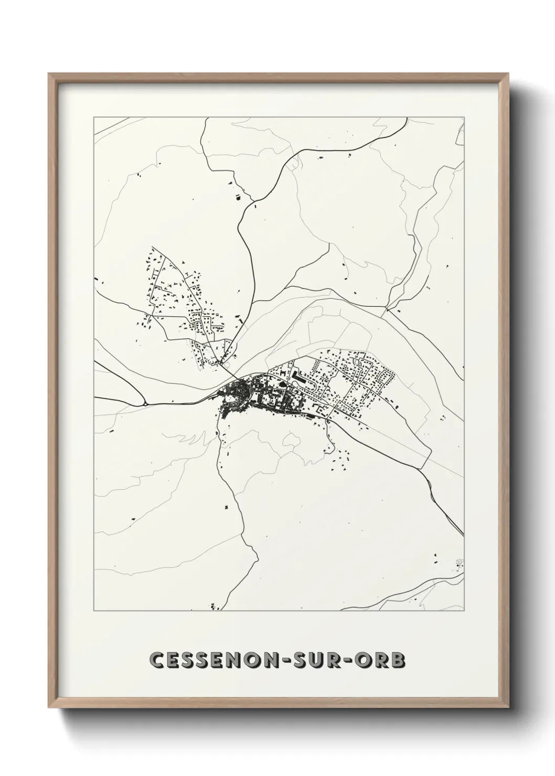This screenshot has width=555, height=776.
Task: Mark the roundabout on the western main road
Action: click(144, 404)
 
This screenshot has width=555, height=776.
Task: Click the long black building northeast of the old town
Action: click(296, 375)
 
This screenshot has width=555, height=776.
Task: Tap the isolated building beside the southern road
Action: click(227, 507)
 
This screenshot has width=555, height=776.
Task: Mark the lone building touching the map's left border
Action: click(96, 278)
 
